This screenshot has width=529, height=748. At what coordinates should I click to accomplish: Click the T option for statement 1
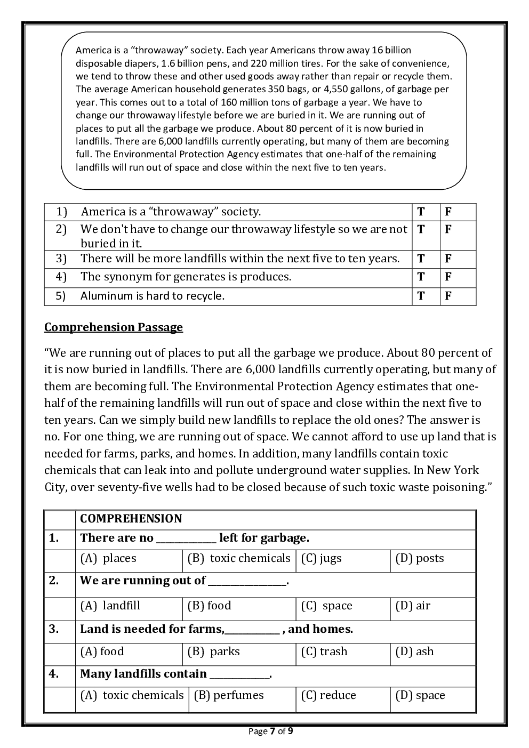tap(421, 212)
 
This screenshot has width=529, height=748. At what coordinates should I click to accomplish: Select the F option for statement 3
tap(448, 259)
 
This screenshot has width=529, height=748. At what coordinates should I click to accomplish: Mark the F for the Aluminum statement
tap(448, 296)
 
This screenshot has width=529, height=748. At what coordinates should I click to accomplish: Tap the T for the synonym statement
tap(421, 277)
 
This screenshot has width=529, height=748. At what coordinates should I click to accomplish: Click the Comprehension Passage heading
tap(113, 327)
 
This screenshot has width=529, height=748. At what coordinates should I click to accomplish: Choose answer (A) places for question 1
tap(108, 558)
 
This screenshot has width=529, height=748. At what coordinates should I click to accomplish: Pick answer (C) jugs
tap(321, 558)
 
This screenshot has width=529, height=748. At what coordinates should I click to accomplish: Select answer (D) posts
tap(419, 558)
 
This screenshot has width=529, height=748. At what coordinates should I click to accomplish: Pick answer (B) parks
tap(213, 652)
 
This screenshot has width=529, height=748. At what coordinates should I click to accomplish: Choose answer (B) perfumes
tap(228, 695)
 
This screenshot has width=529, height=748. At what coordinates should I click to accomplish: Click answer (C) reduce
tap(328, 695)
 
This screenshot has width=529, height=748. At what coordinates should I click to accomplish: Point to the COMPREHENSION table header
tap(131, 519)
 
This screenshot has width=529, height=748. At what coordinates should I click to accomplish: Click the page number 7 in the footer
tap(272, 731)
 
